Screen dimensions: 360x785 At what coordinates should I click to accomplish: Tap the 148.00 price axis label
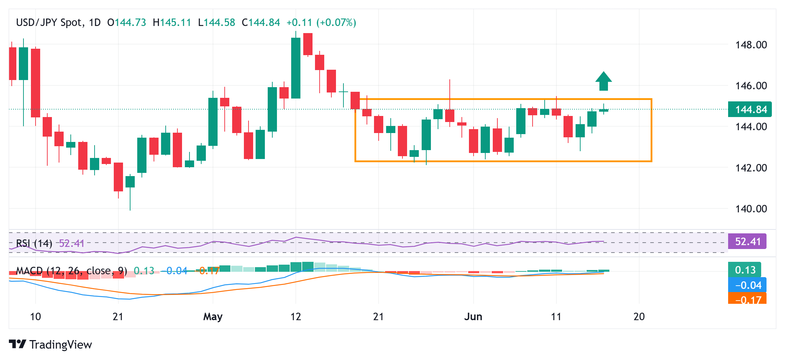click(x=751, y=45)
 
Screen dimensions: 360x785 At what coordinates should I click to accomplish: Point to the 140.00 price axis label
click(x=751, y=208)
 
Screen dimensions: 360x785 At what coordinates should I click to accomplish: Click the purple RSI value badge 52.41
click(x=747, y=242)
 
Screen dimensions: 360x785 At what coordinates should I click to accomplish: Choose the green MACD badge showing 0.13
click(x=745, y=270)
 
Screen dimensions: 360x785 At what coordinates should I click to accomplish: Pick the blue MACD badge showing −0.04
click(x=748, y=285)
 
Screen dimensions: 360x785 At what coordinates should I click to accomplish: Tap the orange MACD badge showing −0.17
click(x=748, y=300)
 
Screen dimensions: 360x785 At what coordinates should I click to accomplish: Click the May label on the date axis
click(x=213, y=317)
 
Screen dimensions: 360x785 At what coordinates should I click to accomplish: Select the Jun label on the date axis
click(x=473, y=317)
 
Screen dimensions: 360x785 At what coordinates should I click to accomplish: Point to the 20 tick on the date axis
click(x=639, y=317)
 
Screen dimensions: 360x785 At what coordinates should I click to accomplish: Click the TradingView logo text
click(x=60, y=344)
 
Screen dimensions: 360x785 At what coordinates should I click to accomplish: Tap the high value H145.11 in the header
click(x=172, y=23)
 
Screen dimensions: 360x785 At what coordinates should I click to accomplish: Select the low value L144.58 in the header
click(x=217, y=23)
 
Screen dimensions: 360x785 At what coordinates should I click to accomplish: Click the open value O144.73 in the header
click(x=127, y=23)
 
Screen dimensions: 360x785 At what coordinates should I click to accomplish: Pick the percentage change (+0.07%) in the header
click(x=336, y=23)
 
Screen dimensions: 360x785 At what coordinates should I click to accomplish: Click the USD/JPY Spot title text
click(x=49, y=23)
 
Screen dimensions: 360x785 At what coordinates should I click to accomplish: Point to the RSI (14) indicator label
click(x=34, y=243)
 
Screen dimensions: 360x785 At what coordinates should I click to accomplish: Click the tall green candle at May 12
click(x=296, y=68)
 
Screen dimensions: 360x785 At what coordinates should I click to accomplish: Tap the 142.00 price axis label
click(x=751, y=168)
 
